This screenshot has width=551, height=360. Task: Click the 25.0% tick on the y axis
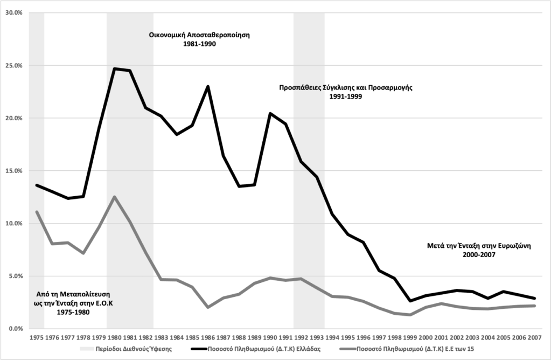click(12, 66)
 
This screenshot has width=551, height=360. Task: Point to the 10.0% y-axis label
click(12, 223)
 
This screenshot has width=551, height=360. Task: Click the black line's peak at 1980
click(115, 68)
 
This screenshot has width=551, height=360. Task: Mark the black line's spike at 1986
click(208, 86)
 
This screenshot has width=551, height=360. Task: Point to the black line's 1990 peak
click(270, 113)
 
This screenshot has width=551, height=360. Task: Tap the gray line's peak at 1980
click(115, 197)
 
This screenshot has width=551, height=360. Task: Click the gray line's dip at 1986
click(208, 307)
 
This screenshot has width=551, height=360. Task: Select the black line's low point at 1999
click(410, 301)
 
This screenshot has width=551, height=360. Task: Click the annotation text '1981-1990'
click(200, 45)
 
